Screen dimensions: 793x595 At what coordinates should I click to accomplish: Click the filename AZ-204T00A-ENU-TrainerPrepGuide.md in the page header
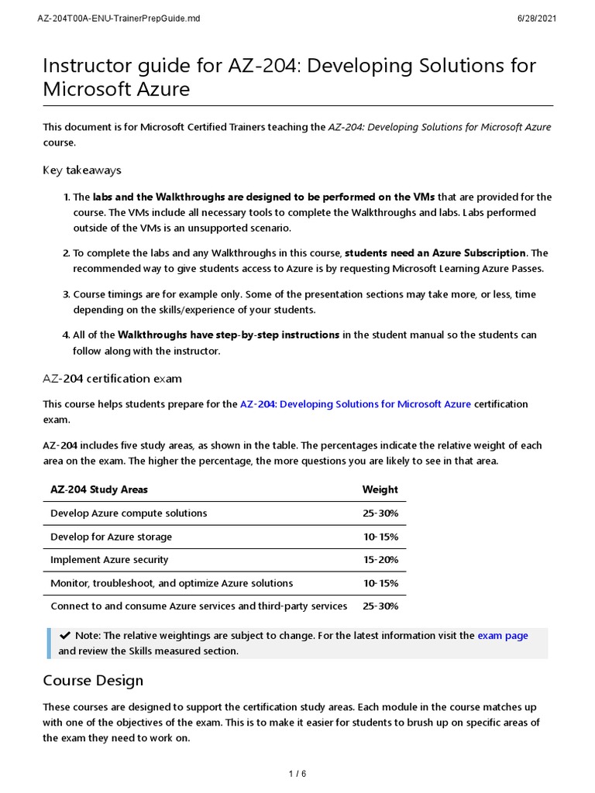(x=119, y=19)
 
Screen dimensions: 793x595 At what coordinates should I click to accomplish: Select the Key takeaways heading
(x=82, y=170)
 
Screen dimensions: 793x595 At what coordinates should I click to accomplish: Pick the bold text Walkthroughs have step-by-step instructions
(x=228, y=335)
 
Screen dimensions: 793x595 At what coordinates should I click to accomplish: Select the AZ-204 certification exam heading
(x=112, y=378)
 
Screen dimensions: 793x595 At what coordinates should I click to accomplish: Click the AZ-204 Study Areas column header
(x=99, y=489)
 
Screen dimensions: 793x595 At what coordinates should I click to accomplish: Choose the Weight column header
(x=380, y=489)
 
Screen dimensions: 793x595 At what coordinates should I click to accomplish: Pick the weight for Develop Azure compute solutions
(x=380, y=513)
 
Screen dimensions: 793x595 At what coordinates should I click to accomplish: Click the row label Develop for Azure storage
(x=111, y=537)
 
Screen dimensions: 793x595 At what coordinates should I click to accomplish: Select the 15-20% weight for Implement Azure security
(x=380, y=560)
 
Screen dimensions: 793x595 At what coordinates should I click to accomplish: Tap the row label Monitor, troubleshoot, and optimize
(x=171, y=583)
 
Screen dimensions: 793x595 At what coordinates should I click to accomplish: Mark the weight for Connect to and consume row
(x=380, y=606)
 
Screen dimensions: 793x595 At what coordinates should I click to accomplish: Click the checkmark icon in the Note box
(x=65, y=636)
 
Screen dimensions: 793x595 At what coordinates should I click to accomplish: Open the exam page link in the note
(x=502, y=636)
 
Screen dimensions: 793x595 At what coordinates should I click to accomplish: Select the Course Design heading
(x=93, y=681)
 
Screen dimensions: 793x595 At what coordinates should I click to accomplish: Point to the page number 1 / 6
(x=297, y=774)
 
